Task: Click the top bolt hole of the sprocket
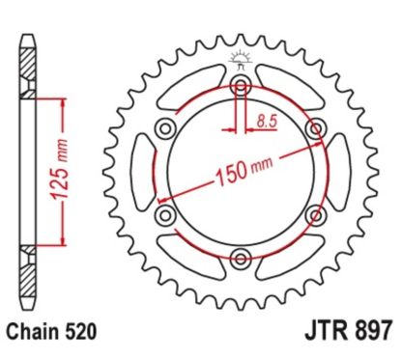click(x=242, y=88)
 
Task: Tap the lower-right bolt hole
click(x=315, y=213)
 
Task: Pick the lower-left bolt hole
click(x=166, y=213)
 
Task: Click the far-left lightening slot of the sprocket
click(x=144, y=171)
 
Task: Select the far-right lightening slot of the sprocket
click(x=339, y=171)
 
